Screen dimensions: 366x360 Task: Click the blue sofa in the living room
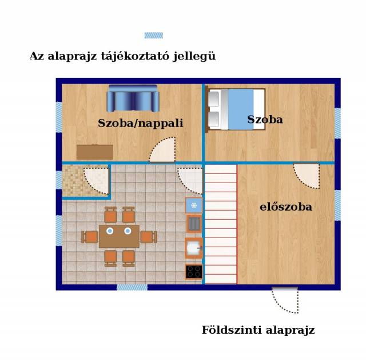tap(133, 98)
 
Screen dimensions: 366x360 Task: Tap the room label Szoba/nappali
tap(141, 124)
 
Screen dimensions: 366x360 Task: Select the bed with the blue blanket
tap(236, 109)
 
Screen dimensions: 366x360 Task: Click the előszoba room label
tap(286, 207)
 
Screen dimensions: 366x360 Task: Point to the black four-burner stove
tap(194, 272)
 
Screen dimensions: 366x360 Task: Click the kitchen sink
tap(194, 248)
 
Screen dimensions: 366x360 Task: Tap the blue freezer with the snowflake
tap(194, 205)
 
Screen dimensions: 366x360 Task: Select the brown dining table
tap(120, 236)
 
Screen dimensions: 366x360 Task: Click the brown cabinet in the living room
tap(95, 152)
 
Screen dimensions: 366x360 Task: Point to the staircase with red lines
tap(221, 224)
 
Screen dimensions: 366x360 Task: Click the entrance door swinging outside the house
tap(285, 300)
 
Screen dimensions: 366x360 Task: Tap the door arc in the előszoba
tap(307, 176)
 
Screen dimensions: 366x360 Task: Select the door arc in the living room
tap(162, 149)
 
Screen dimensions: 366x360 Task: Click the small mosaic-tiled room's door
tap(97, 180)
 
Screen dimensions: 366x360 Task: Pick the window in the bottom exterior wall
tap(132, 287)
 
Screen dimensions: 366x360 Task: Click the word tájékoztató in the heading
tap(135, 57)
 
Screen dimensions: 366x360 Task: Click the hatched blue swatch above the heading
tap(154, 35)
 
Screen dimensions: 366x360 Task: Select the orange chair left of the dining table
tap(90, 236)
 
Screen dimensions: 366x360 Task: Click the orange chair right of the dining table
tap(149, 236)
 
